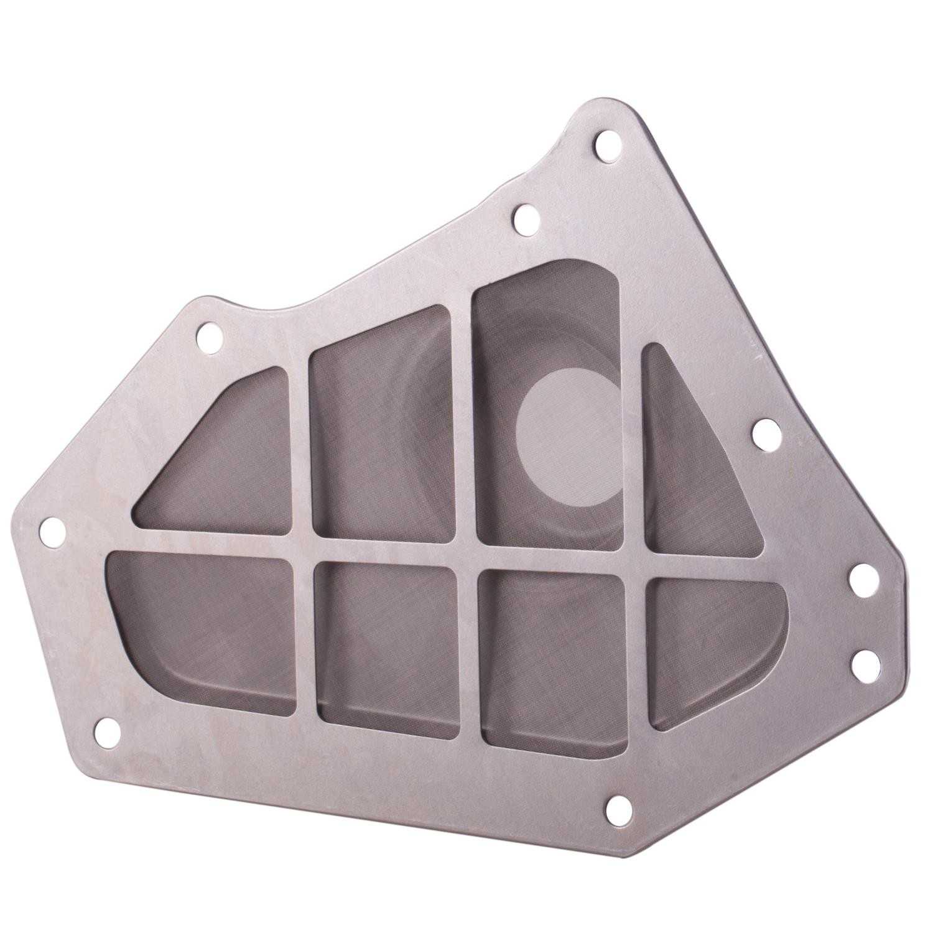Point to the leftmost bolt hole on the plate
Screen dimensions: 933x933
(x=52, y=531)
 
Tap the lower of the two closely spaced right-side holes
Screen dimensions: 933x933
(x=865, y=662)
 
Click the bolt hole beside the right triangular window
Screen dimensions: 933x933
(x=766, y=433)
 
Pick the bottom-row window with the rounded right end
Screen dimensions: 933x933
(x=709, y=647)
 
